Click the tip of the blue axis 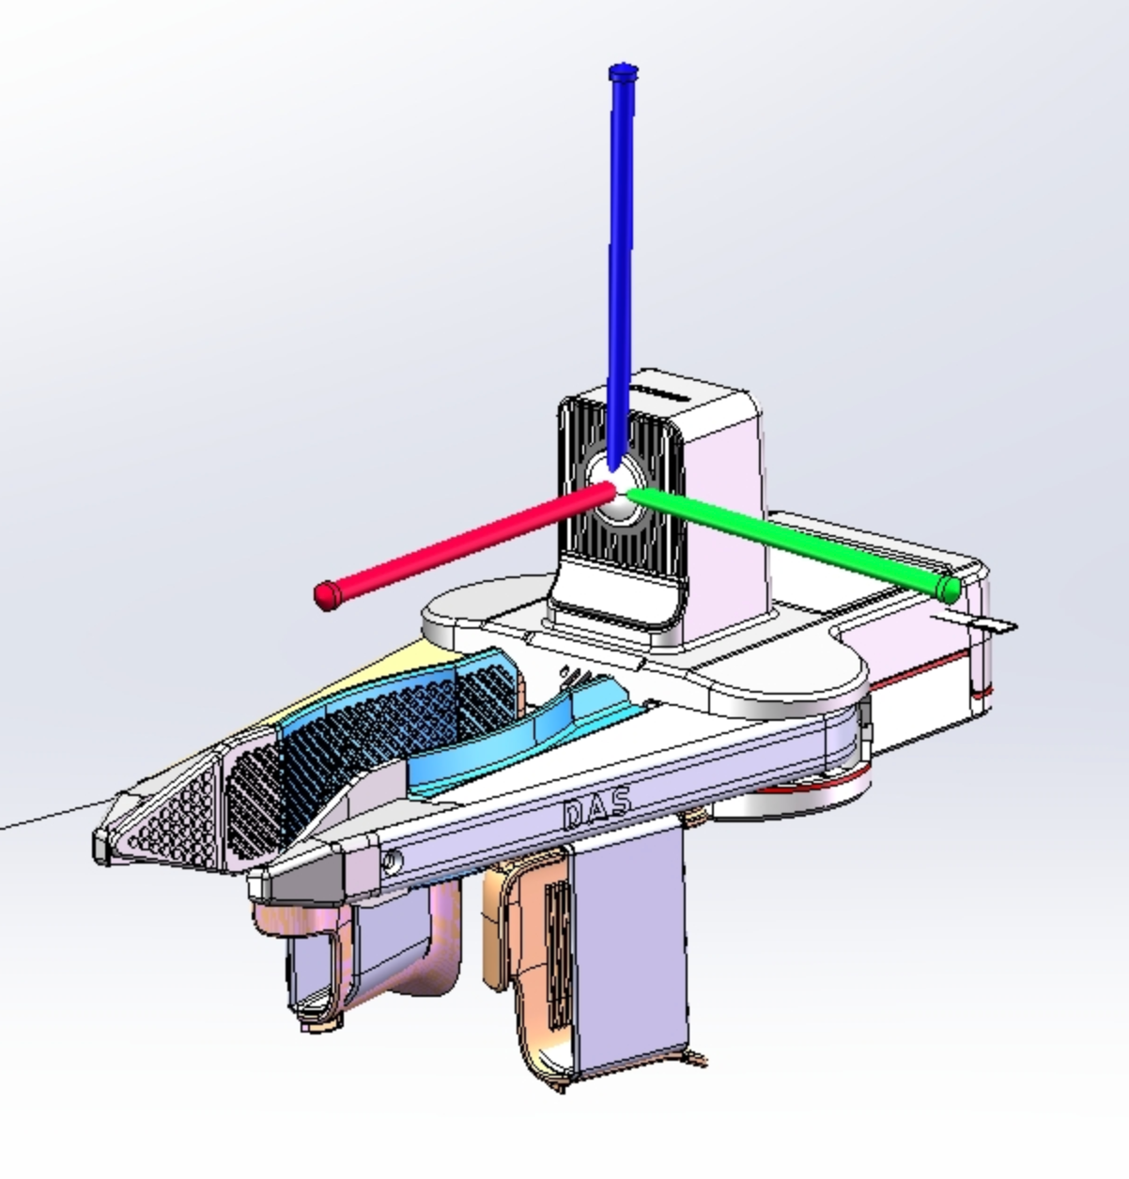pyautogui.click(x=623, y=72)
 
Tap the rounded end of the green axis pyautogui.click(x=948, y=589)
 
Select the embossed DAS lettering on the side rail pyautogui.click(x=597, y=807)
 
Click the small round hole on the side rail pyautogui.click(x=392, y=862)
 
